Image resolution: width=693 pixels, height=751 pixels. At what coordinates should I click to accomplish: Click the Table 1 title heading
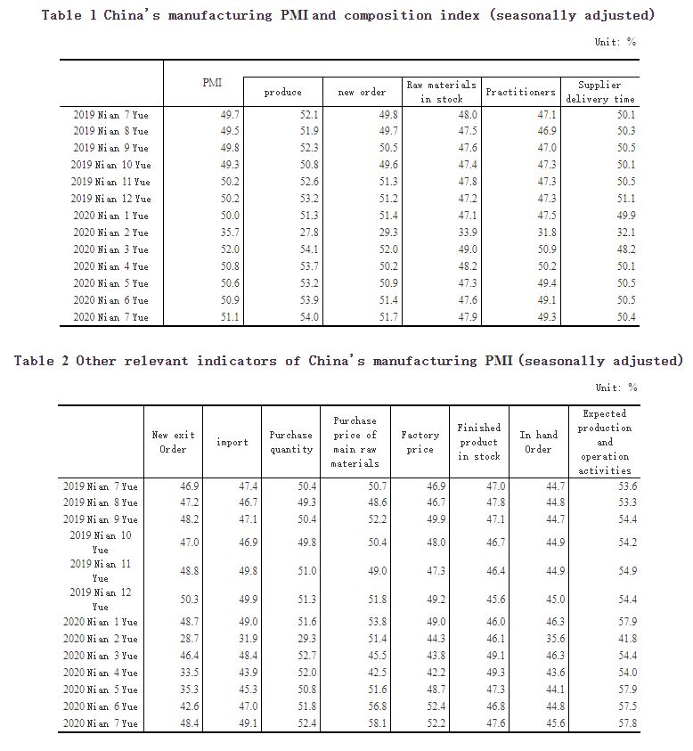coord(347,15)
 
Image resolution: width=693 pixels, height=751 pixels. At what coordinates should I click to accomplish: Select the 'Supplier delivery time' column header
coord(599,92)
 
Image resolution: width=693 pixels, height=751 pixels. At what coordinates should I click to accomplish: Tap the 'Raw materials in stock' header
coord(442,92)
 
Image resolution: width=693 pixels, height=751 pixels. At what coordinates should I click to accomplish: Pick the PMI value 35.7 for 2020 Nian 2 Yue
coord(227,233)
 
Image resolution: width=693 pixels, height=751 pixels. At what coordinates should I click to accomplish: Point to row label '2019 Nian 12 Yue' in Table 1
coord(111,199)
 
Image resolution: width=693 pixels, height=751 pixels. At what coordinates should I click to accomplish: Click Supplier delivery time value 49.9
coord(624,216)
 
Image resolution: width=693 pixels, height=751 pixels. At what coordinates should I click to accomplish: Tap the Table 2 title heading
coord(348,361)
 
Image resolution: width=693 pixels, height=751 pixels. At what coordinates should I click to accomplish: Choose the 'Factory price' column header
coord(420,442)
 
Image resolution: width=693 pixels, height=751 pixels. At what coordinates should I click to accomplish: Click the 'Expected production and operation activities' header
coord(605,442)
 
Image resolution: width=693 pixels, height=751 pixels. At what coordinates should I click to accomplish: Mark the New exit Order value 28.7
coord(188,639)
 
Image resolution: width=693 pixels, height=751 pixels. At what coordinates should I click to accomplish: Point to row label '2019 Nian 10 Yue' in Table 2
coord(101,543)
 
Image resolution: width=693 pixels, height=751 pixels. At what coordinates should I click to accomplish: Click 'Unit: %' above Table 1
coord(616,42)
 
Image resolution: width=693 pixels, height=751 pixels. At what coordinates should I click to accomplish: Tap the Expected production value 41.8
coord(626,639)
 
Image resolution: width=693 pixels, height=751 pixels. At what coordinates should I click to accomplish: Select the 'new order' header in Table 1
coord(362,92)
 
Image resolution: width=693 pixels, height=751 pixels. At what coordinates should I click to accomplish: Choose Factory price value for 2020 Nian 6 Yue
coord(432,706)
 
